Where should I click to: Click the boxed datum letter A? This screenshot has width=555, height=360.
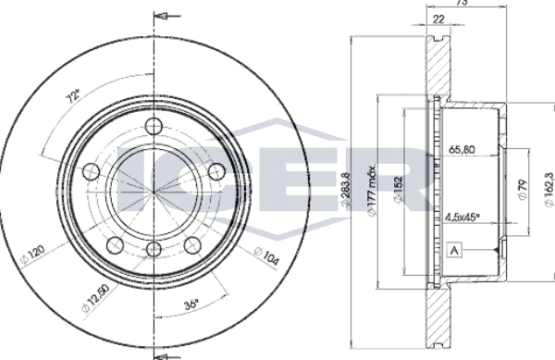453,249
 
